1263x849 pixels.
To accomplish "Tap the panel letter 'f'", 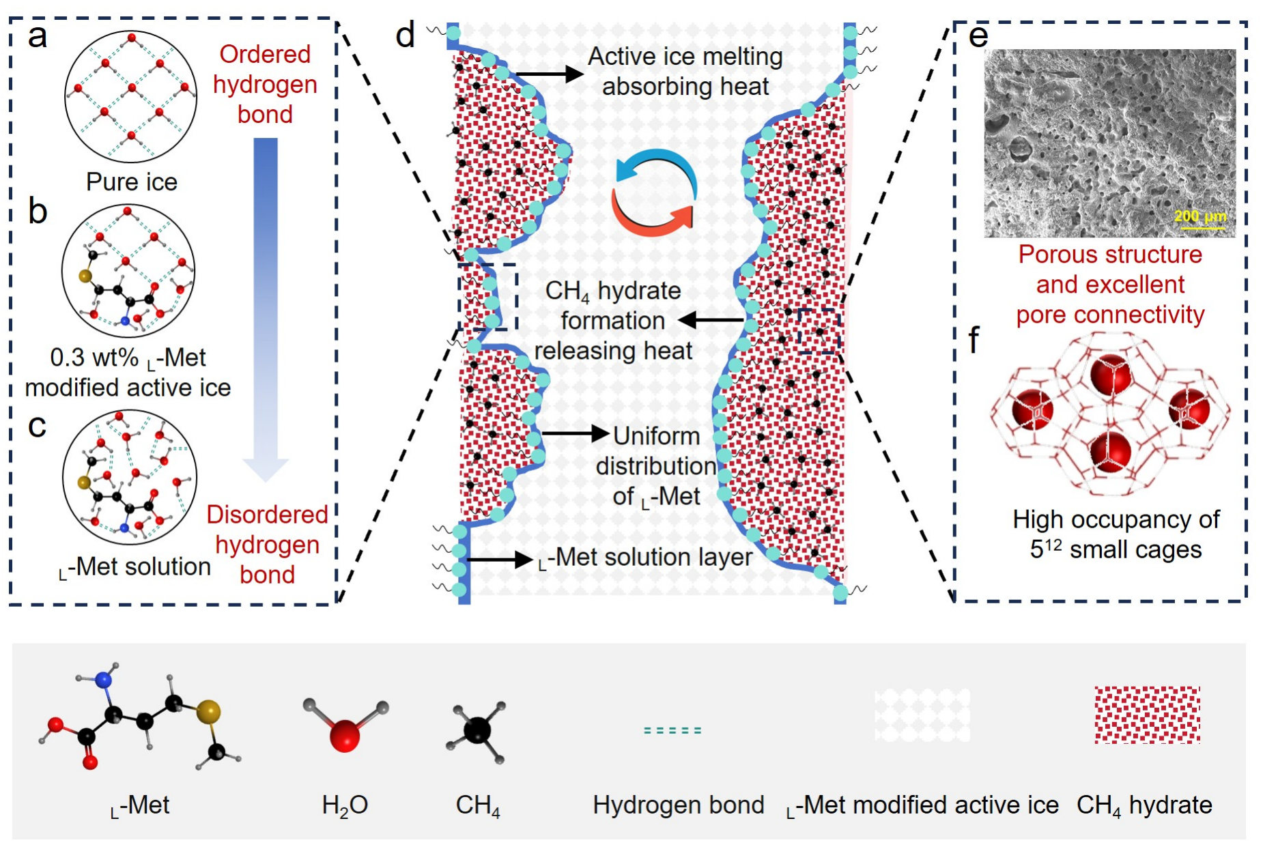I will pos(974,339).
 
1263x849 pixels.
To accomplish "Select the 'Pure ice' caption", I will pos(132,182).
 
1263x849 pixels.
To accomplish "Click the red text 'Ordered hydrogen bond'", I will pos(265,85).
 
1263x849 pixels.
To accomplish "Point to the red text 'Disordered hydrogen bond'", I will pos(267,545).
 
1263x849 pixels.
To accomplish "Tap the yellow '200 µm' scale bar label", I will pos(1200,216).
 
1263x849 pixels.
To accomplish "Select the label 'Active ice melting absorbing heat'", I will pos(685,72).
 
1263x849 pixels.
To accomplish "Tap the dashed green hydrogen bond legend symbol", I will pos(672,730).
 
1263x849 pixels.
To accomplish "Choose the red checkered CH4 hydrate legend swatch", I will pos(1147,715).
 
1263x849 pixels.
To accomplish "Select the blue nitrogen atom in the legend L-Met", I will pos(104,679).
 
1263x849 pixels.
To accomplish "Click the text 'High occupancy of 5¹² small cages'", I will pos(1116,534).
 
